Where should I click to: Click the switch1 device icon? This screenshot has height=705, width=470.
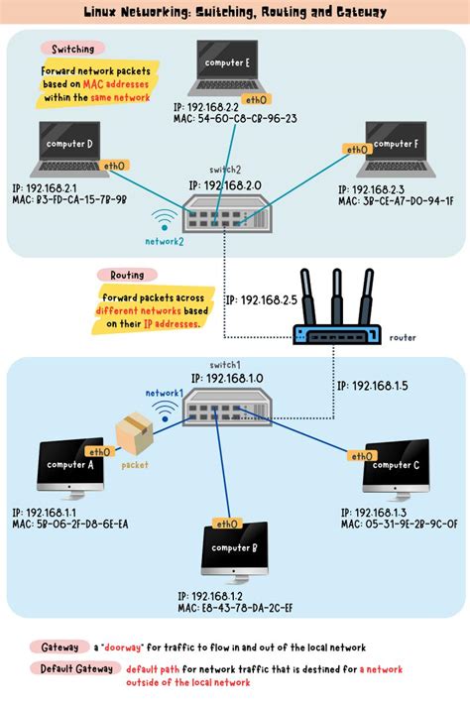coord(224,408)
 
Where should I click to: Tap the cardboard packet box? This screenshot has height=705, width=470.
coord(134,434)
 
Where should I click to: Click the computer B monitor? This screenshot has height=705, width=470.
coord(235,550)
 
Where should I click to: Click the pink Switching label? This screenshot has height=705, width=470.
coord(66,49)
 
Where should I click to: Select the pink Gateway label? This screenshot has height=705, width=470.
coord(59,646)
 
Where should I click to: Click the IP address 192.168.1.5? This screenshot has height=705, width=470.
coord(372,386)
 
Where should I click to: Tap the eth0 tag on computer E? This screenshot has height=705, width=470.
coord(256,99)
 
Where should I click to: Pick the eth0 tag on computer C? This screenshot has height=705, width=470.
coord(360,456)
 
